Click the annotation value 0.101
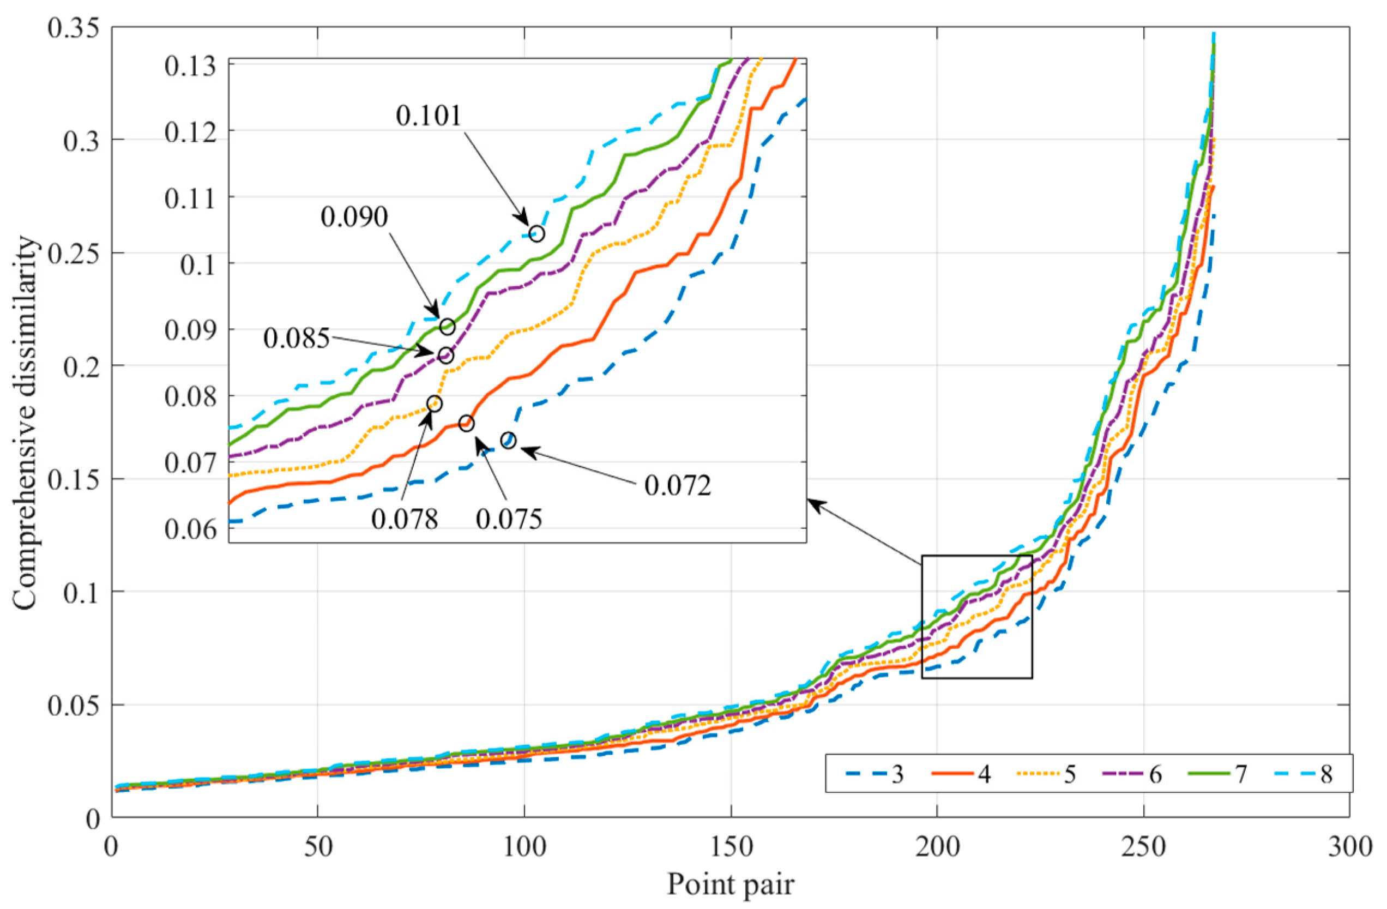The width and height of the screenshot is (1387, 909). pyautogui.click(x=429, y=116)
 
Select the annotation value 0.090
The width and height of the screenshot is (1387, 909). pyautogui.click(x=354, y=217)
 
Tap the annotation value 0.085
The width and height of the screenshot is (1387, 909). pyautogui.click(x=296, y=338)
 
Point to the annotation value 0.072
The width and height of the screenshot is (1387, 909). pyautogui.click(x=678, y=485)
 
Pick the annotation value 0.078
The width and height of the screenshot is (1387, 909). pyautogui.click(x=405, y=518)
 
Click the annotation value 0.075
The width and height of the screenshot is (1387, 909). pyautogui.click(x=509, y=518)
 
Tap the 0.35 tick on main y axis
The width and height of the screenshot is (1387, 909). pyautogui.click(x=74, y=28)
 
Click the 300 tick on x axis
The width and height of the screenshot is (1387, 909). pyautogui.click(x=1349, y=847)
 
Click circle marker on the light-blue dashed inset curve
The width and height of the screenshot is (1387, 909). pyautogui.click(x=536, y=234)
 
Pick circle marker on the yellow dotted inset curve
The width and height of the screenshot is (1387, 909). pyautogui.click(x=433, y=403)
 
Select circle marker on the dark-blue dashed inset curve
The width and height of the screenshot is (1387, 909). pyautogui.click(x=508, y=441)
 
